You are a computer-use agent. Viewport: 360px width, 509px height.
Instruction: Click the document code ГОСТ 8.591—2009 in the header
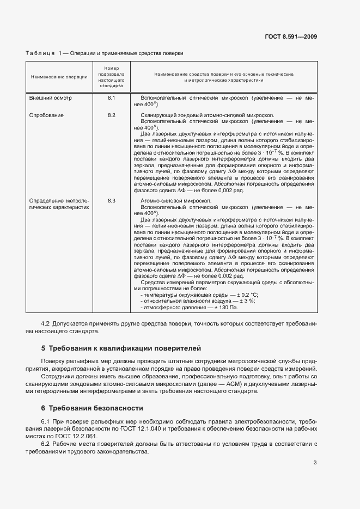coord(291,37)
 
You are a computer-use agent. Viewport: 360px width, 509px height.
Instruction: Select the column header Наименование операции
coord(59,77)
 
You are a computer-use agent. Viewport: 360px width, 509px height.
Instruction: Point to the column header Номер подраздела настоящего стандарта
coord(112,77)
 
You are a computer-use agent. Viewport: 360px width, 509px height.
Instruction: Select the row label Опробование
coord(46,115)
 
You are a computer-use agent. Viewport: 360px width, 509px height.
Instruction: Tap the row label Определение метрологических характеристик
coord(59,204)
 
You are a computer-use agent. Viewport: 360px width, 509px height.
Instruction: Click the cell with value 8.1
coord(112,97)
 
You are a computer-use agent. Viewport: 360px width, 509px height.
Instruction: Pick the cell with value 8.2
coord(112,115)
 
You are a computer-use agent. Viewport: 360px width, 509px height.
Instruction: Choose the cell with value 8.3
coord(112,201)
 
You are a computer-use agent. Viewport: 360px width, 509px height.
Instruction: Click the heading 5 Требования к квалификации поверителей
coord(121,347)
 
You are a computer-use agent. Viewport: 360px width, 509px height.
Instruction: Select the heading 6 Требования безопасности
coord(92,408)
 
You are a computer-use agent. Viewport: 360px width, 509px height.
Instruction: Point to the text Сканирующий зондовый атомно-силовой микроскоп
coord(207,115)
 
